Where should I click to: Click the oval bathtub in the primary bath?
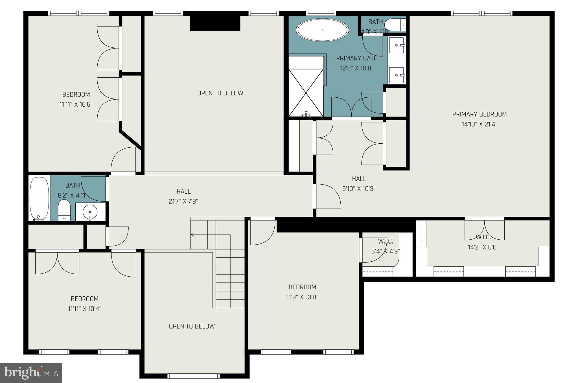(x=322, y=30)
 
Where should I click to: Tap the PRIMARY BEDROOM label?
(x=479, y=114)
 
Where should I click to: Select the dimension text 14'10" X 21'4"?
(x=479, y=124)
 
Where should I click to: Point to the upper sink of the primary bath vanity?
(x=396, y=45)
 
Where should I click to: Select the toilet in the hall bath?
(x=64, y=210)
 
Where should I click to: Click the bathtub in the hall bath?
(x=39, y=198)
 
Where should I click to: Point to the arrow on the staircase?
(x=193, y=235)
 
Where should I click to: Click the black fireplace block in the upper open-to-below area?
(x=215, y=23)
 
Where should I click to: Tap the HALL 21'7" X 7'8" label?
(x=183, y=196)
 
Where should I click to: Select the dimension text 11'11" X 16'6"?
(x=76, y=104)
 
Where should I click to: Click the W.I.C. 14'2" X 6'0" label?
(x=483, y=242)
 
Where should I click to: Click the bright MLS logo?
(x=31, y=373)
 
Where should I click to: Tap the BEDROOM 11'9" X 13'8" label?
(x=302, y=292)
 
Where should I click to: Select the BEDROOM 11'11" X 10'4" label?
(x=84, y=303)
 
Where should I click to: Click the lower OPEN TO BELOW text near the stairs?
(x=192, y=326)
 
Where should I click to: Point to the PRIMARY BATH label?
(x=357, y=58)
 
